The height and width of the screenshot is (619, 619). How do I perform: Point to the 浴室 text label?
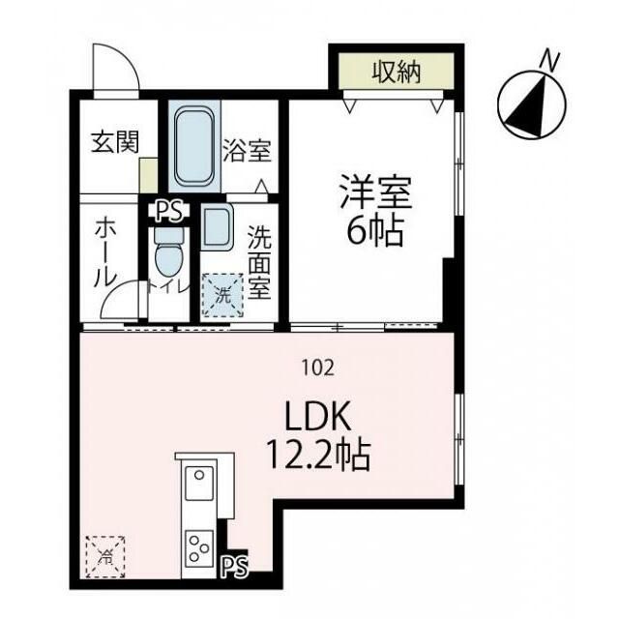pos(247,151)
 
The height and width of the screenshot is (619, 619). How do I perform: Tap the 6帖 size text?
pos(375,232)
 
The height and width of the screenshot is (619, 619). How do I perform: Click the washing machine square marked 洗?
pos(221,294)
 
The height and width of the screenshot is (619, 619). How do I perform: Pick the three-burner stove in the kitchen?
pos(200,548)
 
